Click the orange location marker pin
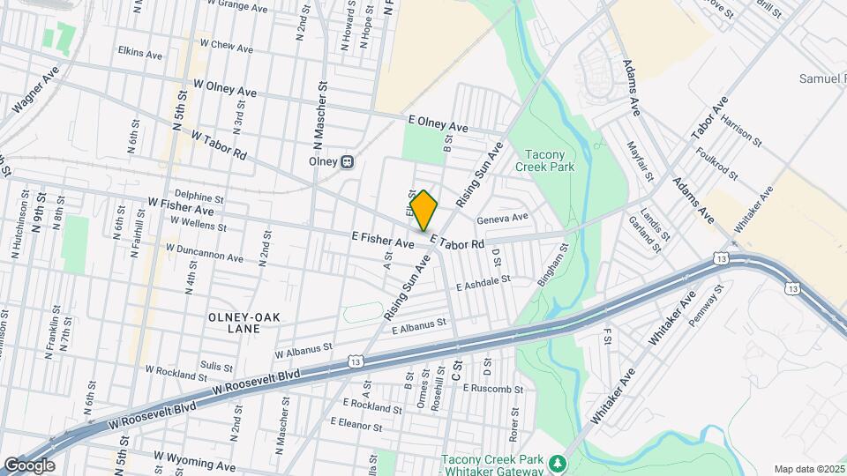(424, 210)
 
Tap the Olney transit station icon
(348, 161)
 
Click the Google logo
(29, 465)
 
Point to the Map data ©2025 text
(809, 469)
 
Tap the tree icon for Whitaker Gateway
(556, 463)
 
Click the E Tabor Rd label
(457, 242)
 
